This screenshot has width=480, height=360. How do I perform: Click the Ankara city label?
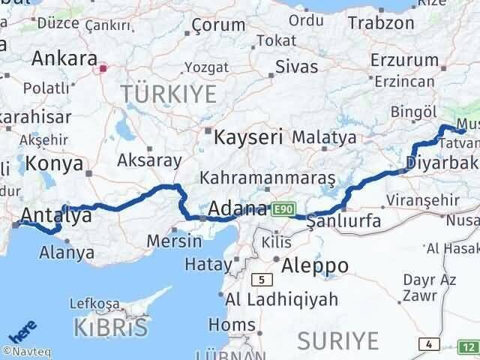coord(64,58)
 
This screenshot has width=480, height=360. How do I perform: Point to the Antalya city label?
coord(57,216)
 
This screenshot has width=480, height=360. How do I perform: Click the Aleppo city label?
coord(315,265)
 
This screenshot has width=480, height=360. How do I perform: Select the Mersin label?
coord(174,241)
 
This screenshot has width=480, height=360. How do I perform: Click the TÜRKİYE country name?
coord(169,94)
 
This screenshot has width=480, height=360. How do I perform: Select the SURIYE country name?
coord(337,340)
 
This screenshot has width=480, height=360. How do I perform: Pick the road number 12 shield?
coord(467,346)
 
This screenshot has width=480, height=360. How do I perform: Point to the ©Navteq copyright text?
coord(25,350)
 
